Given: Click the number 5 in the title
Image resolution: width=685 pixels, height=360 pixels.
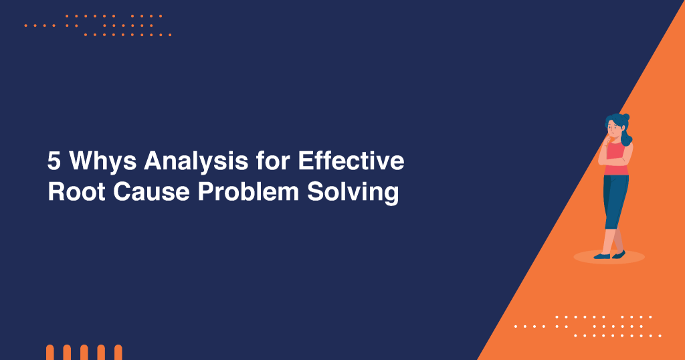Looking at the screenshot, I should [54, 162].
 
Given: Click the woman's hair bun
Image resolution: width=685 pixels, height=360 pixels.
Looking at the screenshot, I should [626, 117].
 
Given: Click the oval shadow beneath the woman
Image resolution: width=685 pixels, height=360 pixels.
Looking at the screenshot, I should [609, 257].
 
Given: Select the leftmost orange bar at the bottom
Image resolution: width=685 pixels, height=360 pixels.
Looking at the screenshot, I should [50, 353].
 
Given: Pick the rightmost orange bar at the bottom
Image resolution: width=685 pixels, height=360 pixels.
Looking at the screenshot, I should [118, 353].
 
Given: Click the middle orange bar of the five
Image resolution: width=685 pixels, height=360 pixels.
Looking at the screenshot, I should [84, 353].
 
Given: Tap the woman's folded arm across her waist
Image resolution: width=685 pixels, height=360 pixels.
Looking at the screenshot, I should [614, 161].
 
